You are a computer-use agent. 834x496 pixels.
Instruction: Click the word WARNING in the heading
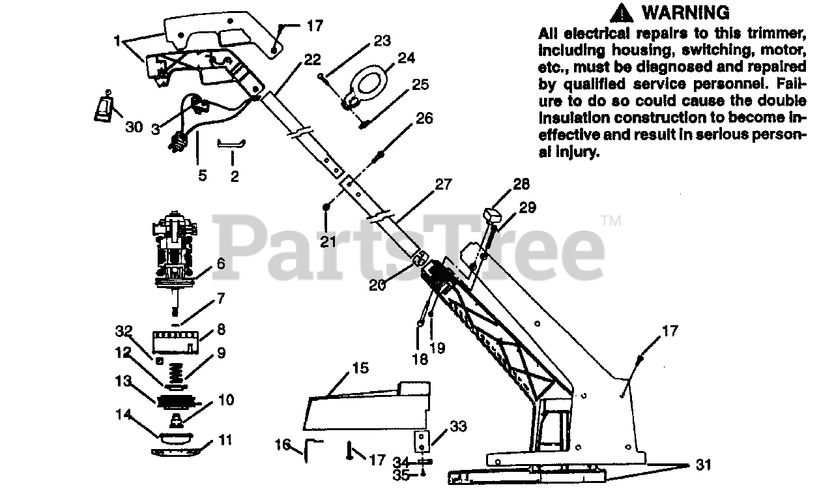[x=685, y=12]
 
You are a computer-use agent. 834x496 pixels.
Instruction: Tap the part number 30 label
[x=134, y=127]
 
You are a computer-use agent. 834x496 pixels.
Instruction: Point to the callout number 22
[x=312, y=60]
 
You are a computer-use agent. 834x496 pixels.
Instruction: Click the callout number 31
[x=702, y=465]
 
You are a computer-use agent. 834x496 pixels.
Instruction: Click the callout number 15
[x=360, y=369]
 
